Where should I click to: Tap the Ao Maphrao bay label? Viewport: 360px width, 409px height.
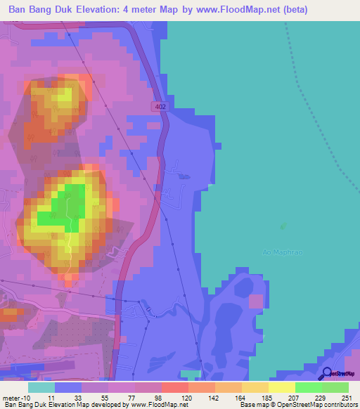tap(278, 252)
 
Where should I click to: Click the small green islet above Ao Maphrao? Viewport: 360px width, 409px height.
tap(283, 226)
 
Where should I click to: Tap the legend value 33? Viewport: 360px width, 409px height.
tap(69, 398)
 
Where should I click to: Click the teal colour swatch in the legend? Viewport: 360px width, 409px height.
tap(41, 388)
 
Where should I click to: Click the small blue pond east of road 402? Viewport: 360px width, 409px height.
tap(184, 176)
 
